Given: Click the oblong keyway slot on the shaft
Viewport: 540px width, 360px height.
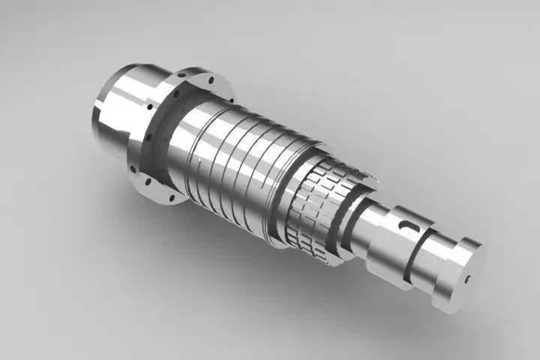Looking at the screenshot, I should coord(408,223).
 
